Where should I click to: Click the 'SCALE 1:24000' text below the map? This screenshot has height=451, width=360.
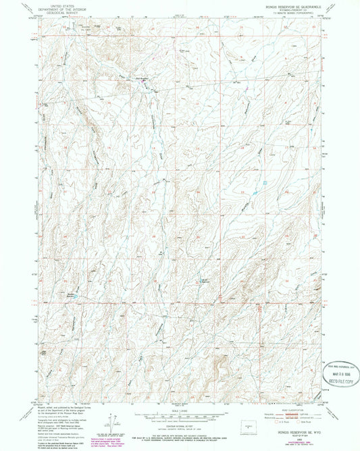click(x=180, y=409)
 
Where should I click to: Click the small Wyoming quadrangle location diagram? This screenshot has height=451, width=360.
click(x=253, y=421)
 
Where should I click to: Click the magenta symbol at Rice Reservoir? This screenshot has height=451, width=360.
click(x=143, y=78)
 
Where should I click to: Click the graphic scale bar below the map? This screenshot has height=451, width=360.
click(x=180, y=415)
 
